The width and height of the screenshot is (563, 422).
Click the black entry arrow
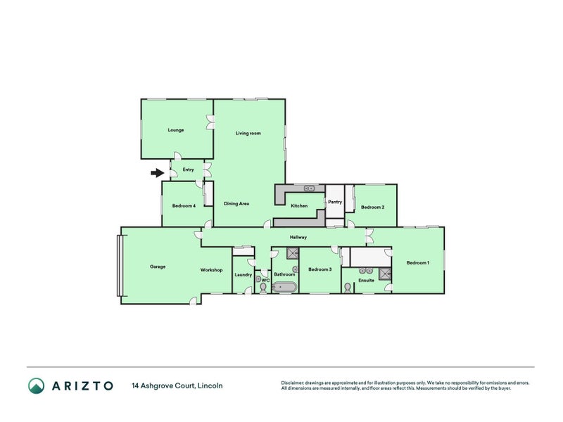tap(157, 172)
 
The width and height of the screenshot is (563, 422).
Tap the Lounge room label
tap(176, 130)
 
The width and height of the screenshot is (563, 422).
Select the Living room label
tap(248, 133)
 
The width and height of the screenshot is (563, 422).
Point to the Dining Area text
tap(236, 204)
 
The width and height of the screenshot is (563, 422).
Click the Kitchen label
tap(300, 205)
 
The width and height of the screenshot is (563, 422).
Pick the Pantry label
tap(335, 202)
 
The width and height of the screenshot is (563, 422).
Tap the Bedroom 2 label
tap(372, 207)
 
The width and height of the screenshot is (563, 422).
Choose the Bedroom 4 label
tap(184, 205)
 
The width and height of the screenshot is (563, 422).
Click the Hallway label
tap(298, 237)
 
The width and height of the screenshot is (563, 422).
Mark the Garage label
tap(158, 267)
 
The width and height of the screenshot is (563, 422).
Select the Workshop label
tap(211, 270)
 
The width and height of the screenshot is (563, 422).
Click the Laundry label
tap(243, 274)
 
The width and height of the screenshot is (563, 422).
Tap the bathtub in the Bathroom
tap(285, 287)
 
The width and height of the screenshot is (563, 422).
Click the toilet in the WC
tap(263, 288)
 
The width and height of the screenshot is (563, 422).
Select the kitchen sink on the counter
tap(308, 188)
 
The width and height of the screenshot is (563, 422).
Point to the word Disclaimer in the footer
tap(295, 383)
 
